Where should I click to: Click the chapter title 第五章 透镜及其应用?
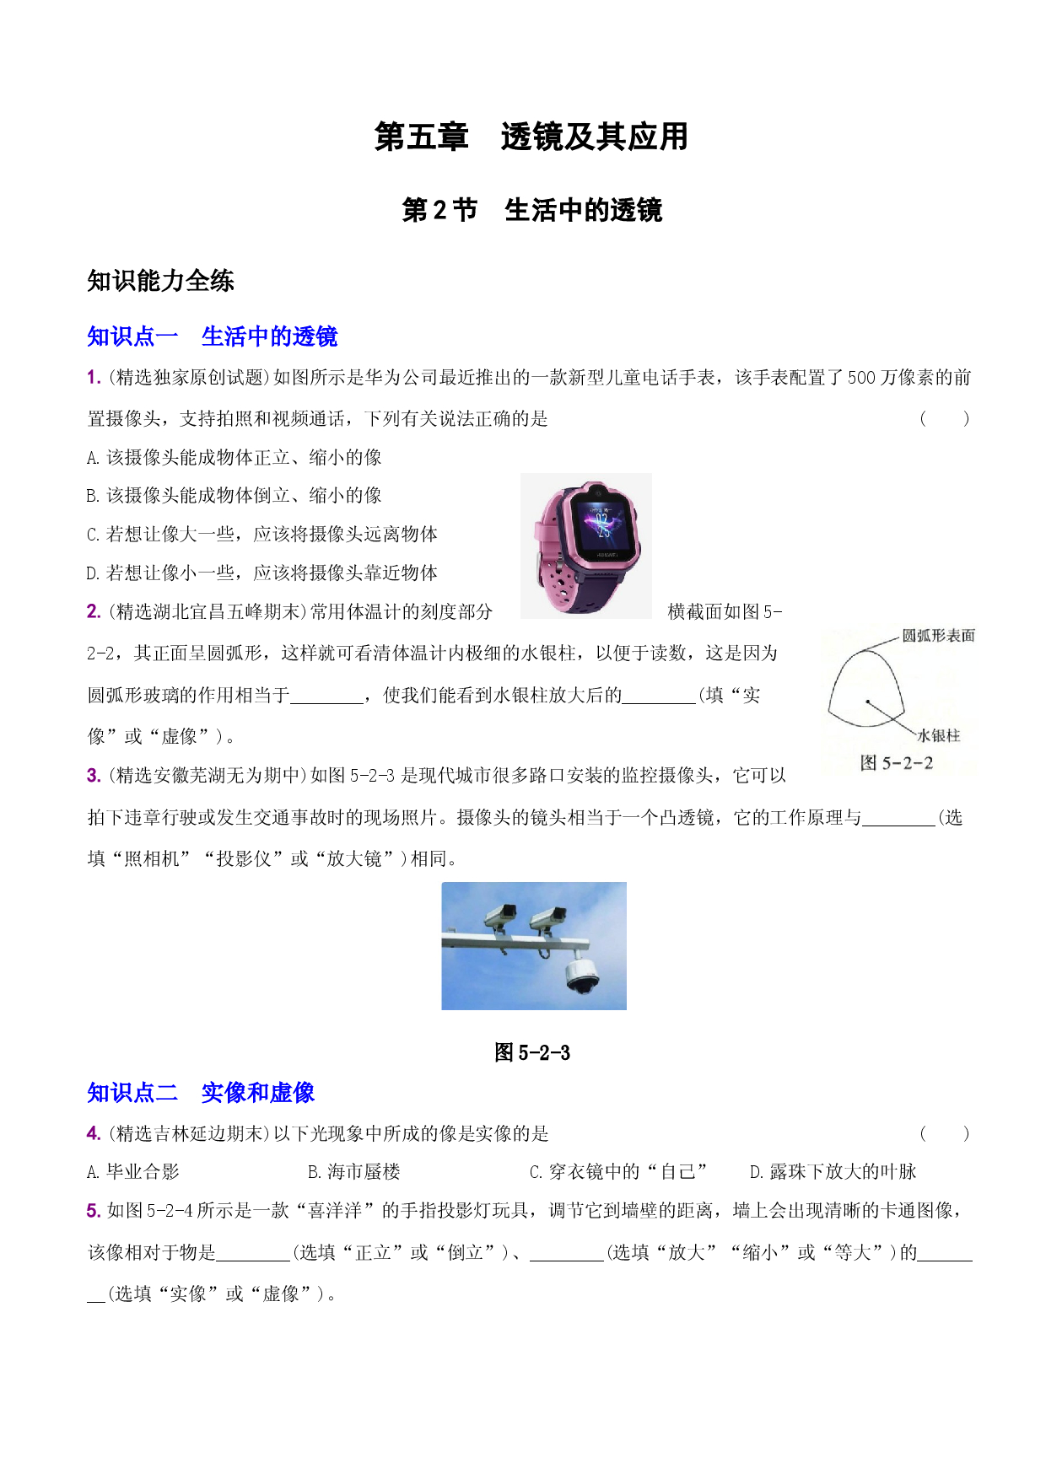[x=531, y=137]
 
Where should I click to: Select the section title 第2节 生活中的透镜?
[x=532, y=210]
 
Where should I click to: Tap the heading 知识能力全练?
[x=160, y=281]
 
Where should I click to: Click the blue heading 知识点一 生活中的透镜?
[x=212, y=336]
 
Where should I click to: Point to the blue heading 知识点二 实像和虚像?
[x=201, y=1093]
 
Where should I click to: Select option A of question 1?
[x=235, y=457]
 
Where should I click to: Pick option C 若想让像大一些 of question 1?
[x=262, y=534]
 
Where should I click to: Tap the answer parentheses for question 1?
[x=944, y=418]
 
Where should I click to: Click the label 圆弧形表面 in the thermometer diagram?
[x=938, y=636]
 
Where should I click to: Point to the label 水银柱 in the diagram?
[x=939, y=736]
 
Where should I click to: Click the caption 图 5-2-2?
[x=897, y=763]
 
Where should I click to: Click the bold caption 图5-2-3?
[x=532, y=1052]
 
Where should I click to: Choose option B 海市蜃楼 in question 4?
[x=354, y=1172]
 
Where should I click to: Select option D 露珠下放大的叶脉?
[x=833, y=1172]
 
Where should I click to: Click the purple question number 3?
[x=94, y=776]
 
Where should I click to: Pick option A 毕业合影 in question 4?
[x=133, y=1172]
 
